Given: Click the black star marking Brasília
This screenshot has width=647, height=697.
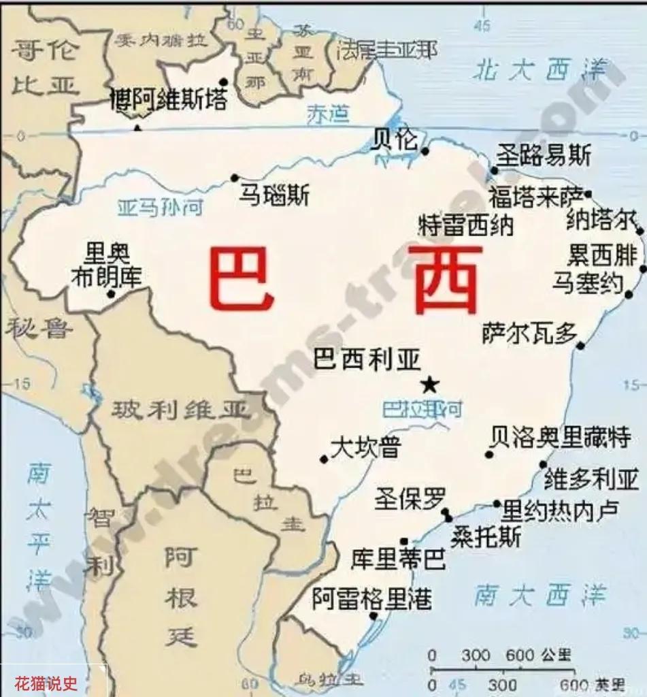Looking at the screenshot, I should coord(429,385).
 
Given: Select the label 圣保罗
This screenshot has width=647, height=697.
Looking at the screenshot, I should coord(410,500).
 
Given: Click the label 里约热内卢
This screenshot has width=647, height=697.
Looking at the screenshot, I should coord(561,510).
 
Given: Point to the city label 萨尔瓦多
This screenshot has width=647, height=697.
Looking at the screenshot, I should coord(529,333).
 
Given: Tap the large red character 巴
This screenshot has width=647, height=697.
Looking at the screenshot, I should coord(242,278).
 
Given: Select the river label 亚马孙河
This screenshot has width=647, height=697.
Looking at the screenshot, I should coord(160,207).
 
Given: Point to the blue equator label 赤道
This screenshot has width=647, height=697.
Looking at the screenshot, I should coord(328,115).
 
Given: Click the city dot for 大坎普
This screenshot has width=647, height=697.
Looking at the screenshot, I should coord(324,459).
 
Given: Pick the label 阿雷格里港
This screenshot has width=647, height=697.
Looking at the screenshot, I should coord(372,599).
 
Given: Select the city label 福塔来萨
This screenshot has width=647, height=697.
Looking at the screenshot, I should coord(536,197).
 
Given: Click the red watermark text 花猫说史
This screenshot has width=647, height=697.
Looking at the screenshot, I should coord(47,681).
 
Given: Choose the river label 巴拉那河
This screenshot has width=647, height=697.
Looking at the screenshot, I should coord(422,409).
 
